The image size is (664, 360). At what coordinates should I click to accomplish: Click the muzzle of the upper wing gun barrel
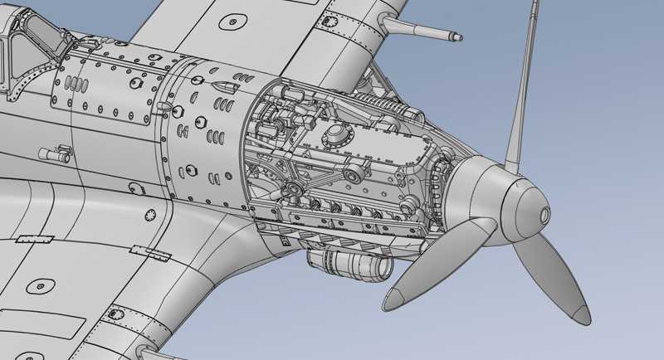[458, 36]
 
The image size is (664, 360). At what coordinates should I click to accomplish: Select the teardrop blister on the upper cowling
[223, 86]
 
